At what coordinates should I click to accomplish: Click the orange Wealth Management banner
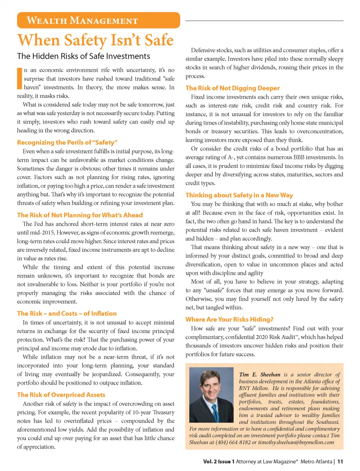click(98, 20)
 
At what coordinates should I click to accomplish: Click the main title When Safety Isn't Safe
click(96, 40)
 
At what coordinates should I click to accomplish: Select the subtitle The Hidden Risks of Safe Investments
click(83, 56)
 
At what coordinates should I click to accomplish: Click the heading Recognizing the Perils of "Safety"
click(67, 143)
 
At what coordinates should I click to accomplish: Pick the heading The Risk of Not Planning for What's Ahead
click(79, 215)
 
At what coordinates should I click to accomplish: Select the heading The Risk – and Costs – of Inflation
click(67, 313)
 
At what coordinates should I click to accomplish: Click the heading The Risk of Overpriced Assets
click(61, 395)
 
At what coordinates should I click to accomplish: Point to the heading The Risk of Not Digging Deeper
click(232, 88)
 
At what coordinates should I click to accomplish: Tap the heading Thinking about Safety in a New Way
click(239, 195)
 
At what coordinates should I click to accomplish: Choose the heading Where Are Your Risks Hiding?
click(229, 319)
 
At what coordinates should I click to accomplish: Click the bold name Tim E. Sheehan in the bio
click(259, 375)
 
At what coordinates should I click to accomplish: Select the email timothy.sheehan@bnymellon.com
click(296, 442)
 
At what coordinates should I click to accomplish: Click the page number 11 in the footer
click(340, 462)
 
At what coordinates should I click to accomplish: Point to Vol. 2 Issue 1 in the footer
click(219, 462)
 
